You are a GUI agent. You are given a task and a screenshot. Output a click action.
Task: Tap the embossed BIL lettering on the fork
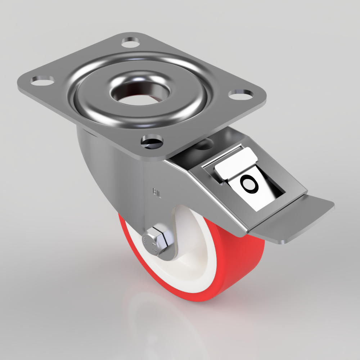point(157,193)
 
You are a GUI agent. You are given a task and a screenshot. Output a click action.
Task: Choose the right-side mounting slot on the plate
point(240,95)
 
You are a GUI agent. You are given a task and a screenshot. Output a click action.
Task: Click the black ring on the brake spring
point(249,184)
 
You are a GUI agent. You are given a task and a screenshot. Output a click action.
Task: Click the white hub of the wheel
point(194,252)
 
